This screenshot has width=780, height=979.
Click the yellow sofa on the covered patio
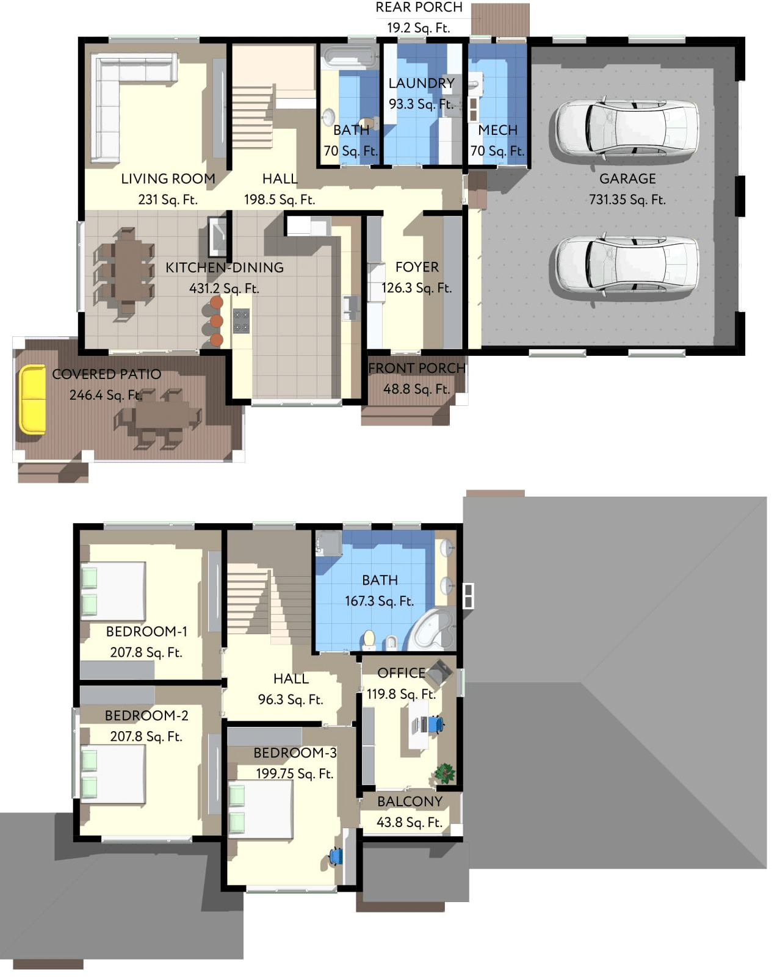[32, 399]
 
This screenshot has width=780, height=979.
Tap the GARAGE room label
[627, 178]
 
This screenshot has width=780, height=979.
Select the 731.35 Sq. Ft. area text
[627, 199]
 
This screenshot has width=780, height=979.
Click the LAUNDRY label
[421, 83]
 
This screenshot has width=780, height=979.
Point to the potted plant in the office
[444, 773]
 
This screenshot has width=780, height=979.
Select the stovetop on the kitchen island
[241, 321]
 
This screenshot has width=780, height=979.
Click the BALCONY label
[410, 801]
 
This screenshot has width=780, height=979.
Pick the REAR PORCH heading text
[419, 7]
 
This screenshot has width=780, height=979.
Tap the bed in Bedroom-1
[114, 591]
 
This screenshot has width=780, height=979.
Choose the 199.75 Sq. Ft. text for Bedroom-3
[294, 773]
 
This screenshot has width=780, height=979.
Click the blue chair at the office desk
[435, 724]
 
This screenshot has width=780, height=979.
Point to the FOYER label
[417, 267]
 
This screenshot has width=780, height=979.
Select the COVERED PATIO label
[106, 374]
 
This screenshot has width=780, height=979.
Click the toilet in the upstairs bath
[369, 639]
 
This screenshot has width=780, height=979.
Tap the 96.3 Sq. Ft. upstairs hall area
[291, 699]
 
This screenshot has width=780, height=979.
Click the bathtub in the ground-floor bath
[350, 58]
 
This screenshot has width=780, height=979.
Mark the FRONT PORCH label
[416, 368]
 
